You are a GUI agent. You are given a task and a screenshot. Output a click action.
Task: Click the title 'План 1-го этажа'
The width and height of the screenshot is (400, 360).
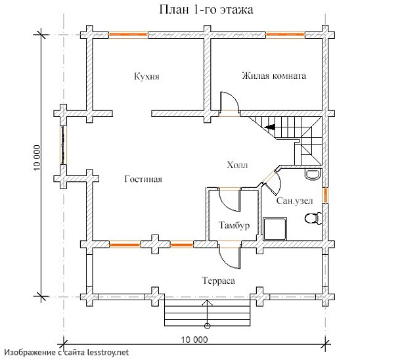point(200,11)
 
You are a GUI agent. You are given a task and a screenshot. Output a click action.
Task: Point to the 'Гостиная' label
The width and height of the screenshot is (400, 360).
point(143,179)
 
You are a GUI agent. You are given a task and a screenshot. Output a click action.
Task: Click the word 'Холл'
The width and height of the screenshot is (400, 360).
point(236,165)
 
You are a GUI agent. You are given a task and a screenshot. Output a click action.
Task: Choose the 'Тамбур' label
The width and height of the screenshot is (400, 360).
point(233,226)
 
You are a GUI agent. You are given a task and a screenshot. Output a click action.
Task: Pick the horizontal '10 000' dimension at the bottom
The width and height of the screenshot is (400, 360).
point(193,340)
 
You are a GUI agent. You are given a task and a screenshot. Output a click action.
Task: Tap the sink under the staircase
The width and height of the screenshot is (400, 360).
point(312,173)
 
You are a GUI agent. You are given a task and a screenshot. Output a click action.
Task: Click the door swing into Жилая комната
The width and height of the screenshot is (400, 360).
point(228,104)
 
